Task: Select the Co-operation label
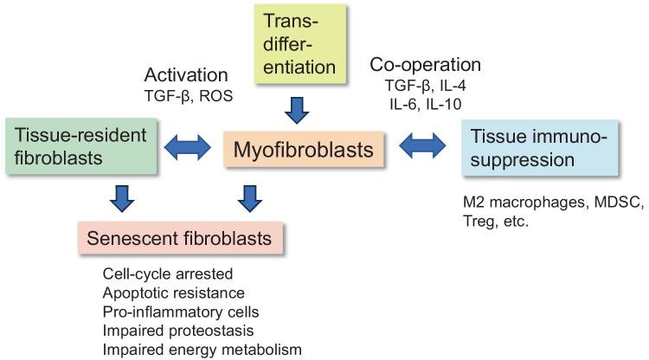pos(426,66)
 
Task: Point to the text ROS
pos(215,94)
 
